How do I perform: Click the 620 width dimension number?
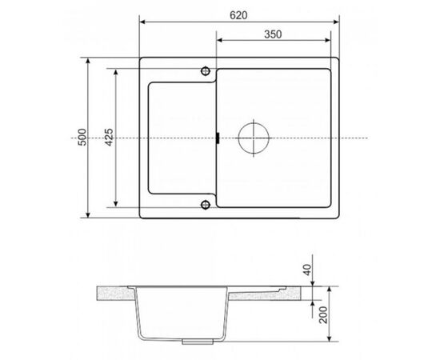238,14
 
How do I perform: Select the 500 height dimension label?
83,138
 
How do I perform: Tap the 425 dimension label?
107,138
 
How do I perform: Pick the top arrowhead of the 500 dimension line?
88,60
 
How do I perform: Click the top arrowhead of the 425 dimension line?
118,70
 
